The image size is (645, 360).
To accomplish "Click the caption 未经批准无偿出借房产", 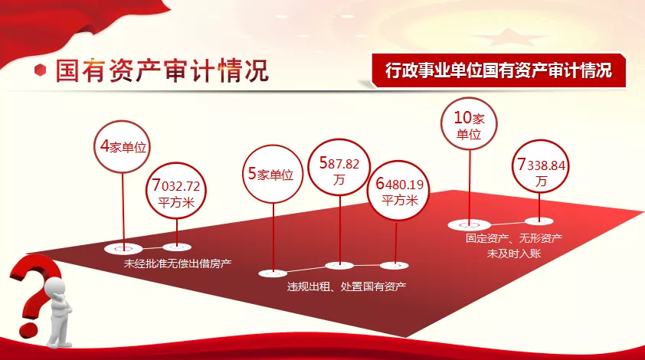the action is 178,263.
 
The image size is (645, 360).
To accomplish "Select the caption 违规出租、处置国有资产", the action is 346,286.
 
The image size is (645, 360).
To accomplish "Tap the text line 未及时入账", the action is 514,253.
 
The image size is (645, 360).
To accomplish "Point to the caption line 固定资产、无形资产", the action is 514,237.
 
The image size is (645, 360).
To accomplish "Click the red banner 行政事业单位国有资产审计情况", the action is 499,70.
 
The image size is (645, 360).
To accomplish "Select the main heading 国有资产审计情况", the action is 162,70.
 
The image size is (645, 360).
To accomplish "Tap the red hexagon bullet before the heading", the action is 40,70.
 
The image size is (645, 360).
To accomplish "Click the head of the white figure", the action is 54,286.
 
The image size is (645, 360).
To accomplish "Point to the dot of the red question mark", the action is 28,331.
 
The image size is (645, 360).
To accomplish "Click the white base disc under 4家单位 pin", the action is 123,248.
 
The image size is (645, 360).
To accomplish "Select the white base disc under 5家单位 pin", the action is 273,273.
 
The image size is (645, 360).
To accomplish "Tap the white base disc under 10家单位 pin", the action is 470,225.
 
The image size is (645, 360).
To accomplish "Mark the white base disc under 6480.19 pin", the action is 394,265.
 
